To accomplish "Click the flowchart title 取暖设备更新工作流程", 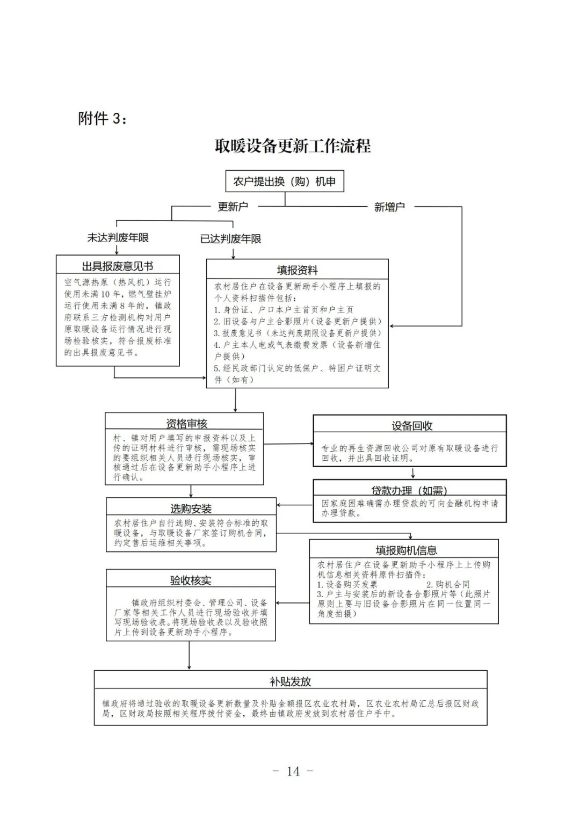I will [293, 146].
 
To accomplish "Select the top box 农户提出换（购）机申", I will [285, 182].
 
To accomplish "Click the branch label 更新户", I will [233, 207].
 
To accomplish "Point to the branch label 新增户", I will [389, 207].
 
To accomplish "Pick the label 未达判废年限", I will [118, 237].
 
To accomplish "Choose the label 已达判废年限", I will [231, 239].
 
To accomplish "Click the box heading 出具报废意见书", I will [118, 266].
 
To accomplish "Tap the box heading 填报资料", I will [298, 270].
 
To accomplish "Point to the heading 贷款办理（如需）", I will [409, 490].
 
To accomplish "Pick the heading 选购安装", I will [191, 509].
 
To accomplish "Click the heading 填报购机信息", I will [406, 550].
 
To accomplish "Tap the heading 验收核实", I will [191, 580].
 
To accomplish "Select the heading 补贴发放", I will [291, 681].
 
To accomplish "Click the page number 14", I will [293, 772].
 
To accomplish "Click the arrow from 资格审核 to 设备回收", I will [290, 444].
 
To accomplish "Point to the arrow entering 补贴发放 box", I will [190, 658].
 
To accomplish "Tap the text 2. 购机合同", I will [448, 584].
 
